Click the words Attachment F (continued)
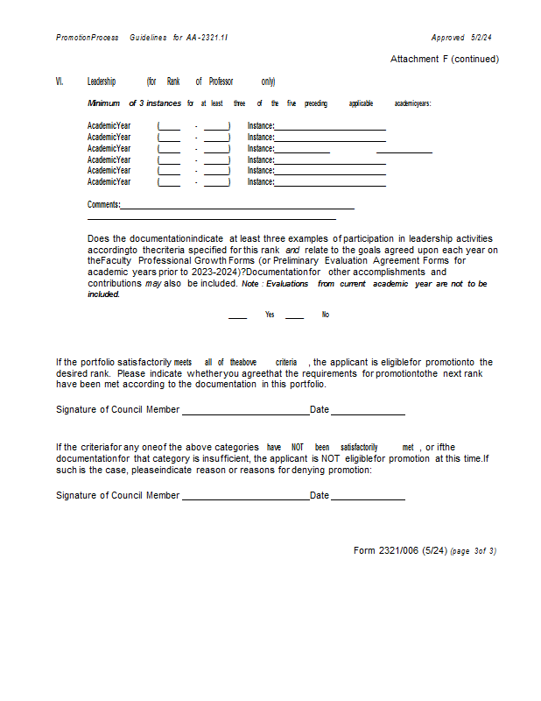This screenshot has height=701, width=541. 445,60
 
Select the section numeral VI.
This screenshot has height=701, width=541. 60,81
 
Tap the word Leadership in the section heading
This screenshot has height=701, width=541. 102,81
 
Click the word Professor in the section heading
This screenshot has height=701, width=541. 221,81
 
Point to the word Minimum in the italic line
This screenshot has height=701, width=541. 103,103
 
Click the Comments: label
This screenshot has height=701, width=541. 103,204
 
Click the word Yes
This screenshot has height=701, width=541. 270,315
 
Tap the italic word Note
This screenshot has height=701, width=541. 249,284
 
